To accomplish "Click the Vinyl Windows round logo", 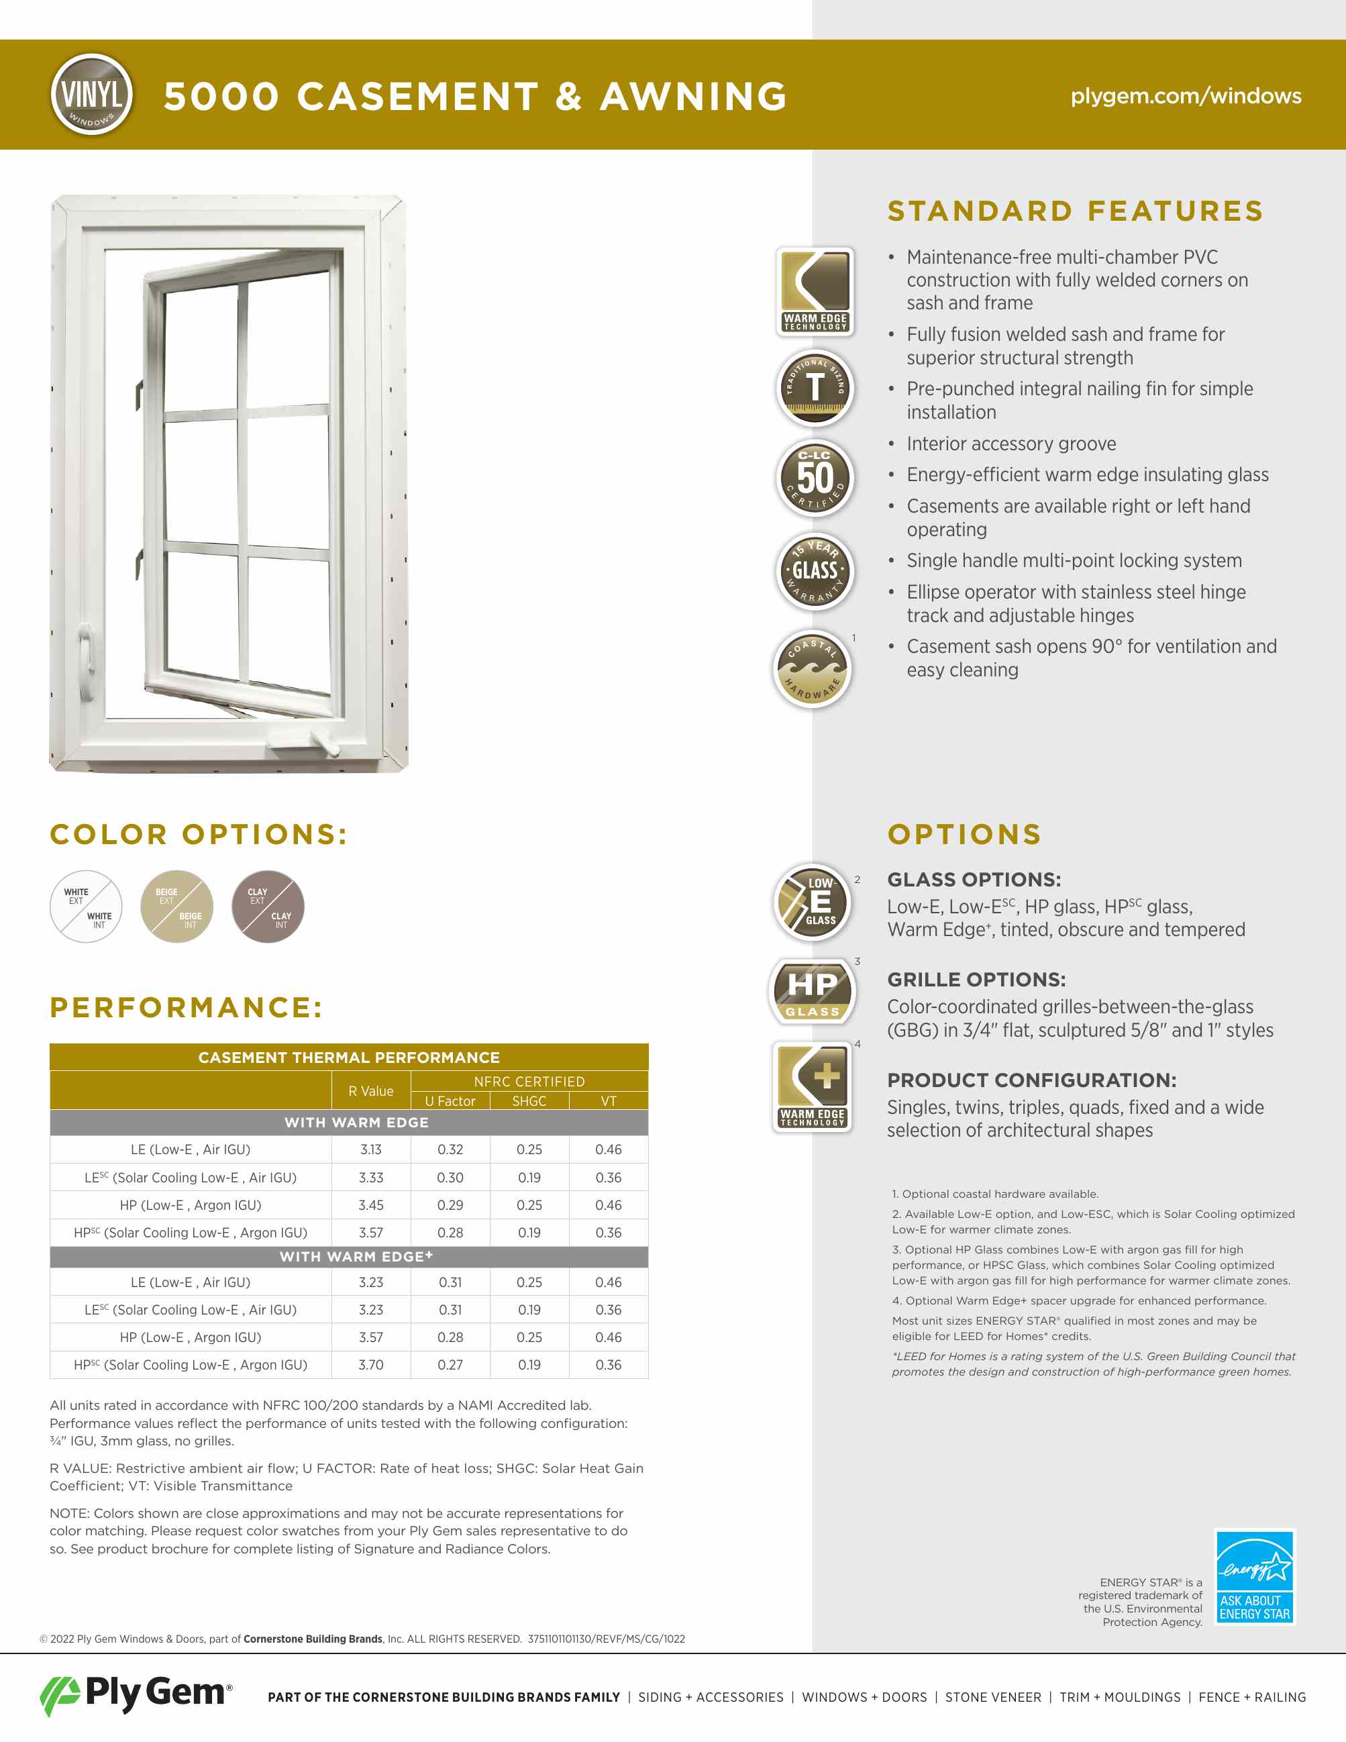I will pos(92,94).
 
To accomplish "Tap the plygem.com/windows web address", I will pos(1186,96).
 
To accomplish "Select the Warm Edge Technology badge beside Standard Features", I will pos(815,291).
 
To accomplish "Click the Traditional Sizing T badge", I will pos(815,389).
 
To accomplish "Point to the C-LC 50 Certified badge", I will pos(815,478).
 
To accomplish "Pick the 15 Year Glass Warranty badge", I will pos(815,571).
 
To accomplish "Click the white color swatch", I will pos(86,907).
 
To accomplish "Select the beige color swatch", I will pos(177,907).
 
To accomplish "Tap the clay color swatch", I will pos(268,907).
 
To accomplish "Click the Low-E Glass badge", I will pos(813,902).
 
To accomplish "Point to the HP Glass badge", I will pos(813,991).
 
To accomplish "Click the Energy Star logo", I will pos(1254,1576).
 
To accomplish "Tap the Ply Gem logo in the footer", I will pos(136,1694).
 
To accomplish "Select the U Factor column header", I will pos(450,1100).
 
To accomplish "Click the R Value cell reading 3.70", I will pos(371,1365).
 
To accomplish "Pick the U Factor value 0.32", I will pos(450,1149).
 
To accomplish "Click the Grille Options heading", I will pos(976,980).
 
